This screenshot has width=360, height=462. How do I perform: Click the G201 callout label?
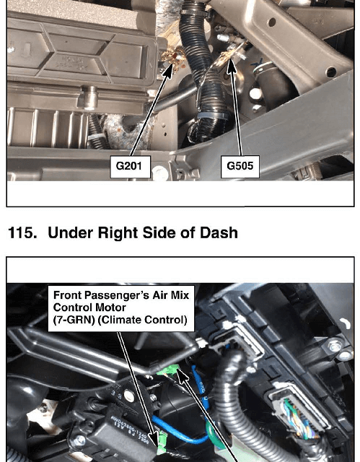[130, 167]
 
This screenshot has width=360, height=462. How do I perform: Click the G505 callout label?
[240, 167]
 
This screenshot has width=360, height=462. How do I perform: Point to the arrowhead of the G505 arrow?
[232, 66]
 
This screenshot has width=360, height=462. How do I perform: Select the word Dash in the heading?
[219, 232]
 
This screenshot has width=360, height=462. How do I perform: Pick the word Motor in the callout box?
[113, 308]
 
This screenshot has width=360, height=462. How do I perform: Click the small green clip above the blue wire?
[167, 370]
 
